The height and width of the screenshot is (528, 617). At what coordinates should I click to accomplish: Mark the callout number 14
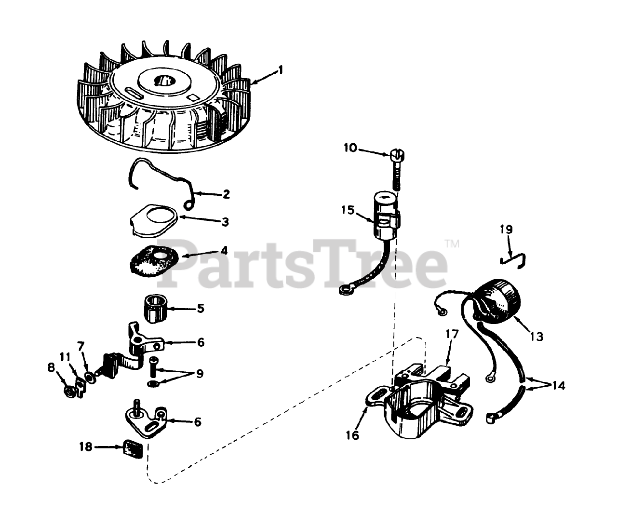tap(558, 386)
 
